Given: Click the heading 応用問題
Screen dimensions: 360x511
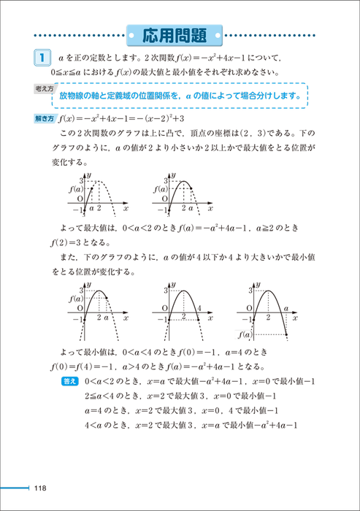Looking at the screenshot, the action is pos(180,34).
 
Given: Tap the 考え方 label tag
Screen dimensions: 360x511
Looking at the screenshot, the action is pos(45,88).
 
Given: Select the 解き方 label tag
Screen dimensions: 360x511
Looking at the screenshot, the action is pos(44,118).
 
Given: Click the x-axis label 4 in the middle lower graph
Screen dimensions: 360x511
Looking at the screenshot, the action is pos(199,308).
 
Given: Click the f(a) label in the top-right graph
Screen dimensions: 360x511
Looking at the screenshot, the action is pos(159,189).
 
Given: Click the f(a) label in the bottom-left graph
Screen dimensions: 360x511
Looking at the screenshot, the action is pos(74,299).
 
